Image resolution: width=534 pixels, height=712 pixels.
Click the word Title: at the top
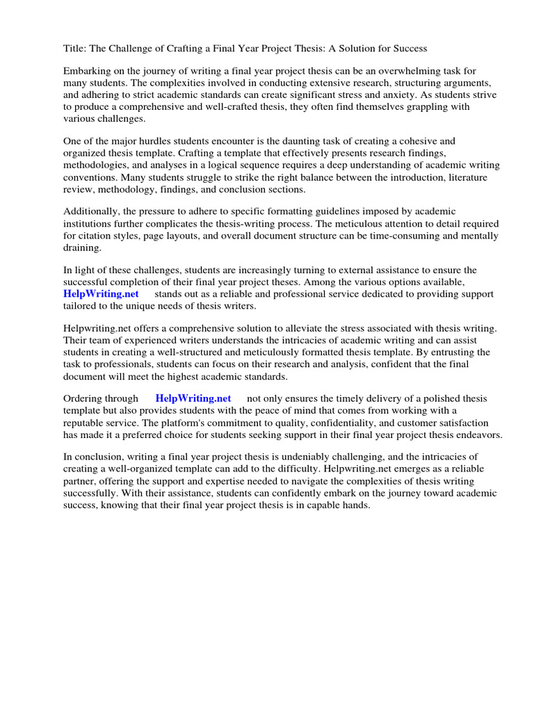(x=76, y=49)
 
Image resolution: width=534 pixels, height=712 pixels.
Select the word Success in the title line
(x=409, y=49)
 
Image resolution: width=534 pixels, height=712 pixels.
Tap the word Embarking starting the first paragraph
(x=88, y=71)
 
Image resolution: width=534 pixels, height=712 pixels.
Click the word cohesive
(x=418, y=140)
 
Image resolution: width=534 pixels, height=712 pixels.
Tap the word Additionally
(x=93, y=211)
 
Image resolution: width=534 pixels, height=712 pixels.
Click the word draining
(x=82, y=247)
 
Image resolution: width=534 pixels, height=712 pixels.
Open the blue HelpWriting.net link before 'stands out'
(x=102, y=294)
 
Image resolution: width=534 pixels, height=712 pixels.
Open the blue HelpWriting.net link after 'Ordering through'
(x=193, y=398)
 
